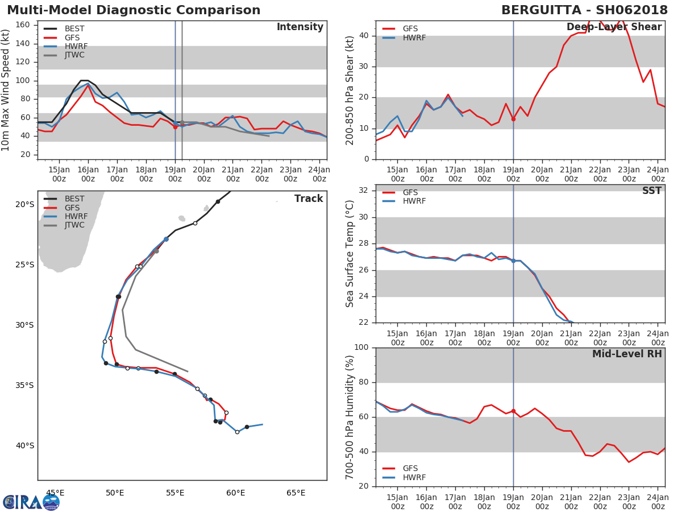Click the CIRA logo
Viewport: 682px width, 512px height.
coord(31,502)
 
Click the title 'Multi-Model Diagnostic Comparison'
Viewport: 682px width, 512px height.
coord(134,10)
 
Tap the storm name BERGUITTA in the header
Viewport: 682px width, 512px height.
coord(541,10)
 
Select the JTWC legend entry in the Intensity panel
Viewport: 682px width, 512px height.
coord(64,55)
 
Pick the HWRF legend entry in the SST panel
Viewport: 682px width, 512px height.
coord(404,201)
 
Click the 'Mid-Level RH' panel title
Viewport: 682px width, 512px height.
coord(627,354)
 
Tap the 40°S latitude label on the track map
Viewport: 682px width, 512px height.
coord(25,446)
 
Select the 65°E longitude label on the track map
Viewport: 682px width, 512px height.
coord(296,493)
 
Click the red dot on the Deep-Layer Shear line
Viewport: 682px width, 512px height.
coord(514,119)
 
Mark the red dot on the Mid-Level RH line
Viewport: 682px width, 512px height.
coord(514,411)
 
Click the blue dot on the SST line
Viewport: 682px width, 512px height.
coord(514,261)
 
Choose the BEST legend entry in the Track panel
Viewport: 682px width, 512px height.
coord(64,199)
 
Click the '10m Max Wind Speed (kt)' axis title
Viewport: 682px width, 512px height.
coord(5,90)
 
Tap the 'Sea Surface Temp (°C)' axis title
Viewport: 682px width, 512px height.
coord(350,254)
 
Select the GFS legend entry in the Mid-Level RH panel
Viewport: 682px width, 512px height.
coord(400,468)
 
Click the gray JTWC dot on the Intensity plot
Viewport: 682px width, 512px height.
coord(182,123)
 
